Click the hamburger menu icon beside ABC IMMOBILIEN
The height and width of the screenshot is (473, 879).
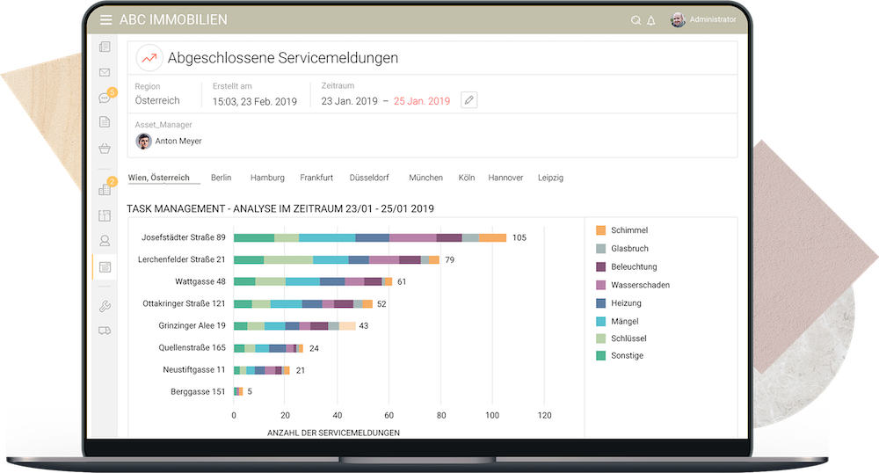[x=105, y=19]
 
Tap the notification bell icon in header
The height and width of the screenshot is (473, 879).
[x=651, y=20]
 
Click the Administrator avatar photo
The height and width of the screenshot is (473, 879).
[x=678, y=19]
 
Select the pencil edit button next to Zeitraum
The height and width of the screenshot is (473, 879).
[x=469, y=100]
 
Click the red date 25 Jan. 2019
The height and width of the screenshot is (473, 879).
[x=421, y=101]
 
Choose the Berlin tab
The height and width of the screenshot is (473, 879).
[x=221, y=178]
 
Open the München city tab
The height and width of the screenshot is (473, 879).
[x=425, y=178]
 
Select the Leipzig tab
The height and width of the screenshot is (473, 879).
[x=550, y=178]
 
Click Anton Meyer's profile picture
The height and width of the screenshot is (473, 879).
[x=142, y=141]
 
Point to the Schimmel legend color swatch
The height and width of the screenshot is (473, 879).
[x=600, y=230]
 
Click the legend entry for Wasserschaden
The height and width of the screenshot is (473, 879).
[x=640, y=285]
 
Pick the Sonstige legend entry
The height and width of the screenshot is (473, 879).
[x=627, y=355]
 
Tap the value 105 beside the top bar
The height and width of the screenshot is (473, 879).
[x=519, y=237]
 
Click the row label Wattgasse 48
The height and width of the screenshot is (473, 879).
[x=200, y=281]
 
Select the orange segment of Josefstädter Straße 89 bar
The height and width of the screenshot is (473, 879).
[x=492, y=237]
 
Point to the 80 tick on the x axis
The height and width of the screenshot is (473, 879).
[x=441, y=415]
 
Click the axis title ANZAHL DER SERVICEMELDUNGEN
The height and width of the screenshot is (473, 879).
[x=333, y=433]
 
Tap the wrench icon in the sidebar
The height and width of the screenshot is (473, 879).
[x=105, y=306]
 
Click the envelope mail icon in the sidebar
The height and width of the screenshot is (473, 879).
[x=105, y=72]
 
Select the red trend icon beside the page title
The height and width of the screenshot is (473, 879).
[x=149, y=58]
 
